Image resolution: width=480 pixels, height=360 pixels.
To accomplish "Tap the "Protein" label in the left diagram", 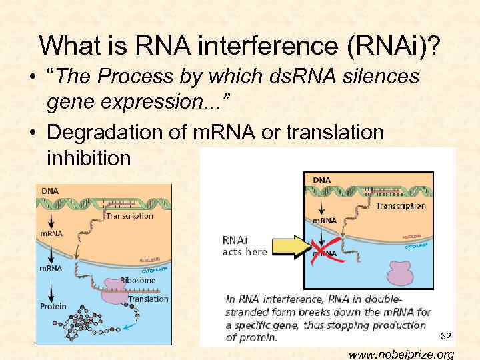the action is click(x=54, y=306).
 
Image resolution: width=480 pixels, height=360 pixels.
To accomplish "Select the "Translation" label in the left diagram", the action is click(x=148, y=299).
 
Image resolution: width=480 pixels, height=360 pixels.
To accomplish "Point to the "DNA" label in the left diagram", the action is click(x=50, y=191).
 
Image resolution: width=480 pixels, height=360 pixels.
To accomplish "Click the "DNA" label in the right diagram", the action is click(x=321, y=179).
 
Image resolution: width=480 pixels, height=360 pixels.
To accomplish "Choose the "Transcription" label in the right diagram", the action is click(x=401, y=205).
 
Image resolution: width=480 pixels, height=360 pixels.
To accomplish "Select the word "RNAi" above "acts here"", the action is click(x=237, y=239).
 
